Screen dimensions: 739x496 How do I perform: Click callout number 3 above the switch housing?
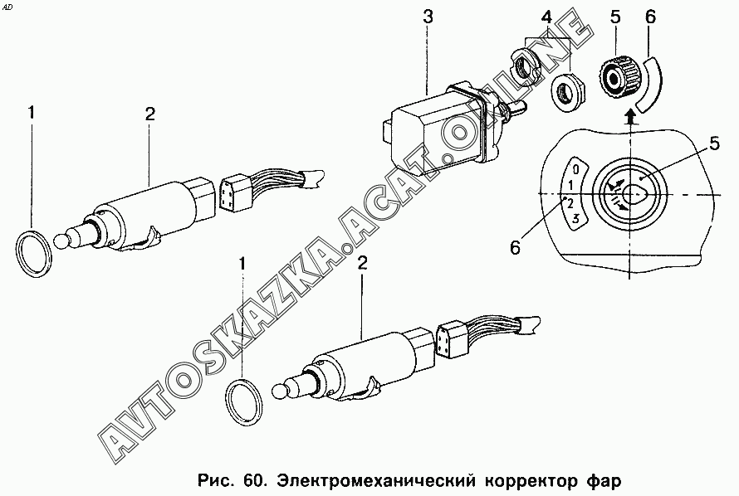tap(427, 17)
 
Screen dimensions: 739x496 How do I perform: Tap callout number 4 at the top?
tap(546, 18)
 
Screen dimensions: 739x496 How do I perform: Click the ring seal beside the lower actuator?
tap(245, 402)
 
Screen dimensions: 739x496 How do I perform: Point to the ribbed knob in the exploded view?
tap(619, 76)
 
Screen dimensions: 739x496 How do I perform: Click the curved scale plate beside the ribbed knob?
tap(650, 84)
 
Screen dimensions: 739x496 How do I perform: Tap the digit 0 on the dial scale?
tap(575, 168)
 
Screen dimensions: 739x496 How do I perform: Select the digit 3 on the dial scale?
tap(575, 218)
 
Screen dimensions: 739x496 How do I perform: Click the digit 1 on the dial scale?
tap(570, 184)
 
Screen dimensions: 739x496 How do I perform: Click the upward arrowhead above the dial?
tap(629, 114)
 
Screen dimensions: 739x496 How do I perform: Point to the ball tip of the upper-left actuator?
tap(61, 241)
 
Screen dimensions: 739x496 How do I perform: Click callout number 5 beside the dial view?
tap(715, 143)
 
